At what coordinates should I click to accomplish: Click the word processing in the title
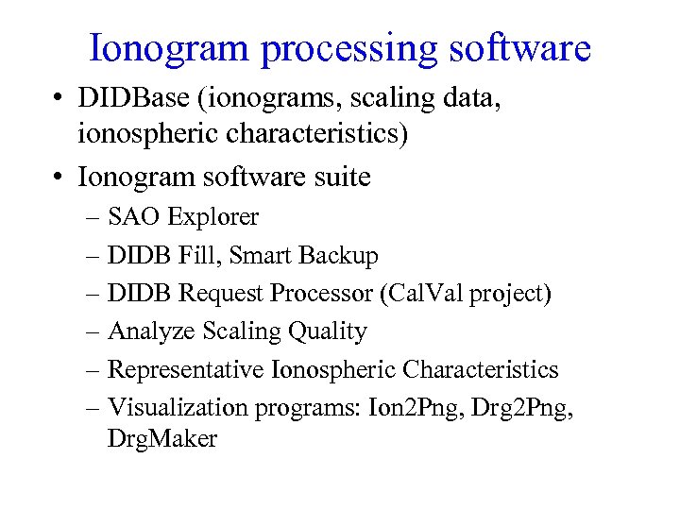(x=344, y=49)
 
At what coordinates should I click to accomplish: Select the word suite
(x=337, y=176)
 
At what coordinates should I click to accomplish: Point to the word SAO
(x=133, y=217)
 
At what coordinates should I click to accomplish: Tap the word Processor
(x=322, y=294)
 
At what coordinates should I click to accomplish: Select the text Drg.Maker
(x=162, y=439)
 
